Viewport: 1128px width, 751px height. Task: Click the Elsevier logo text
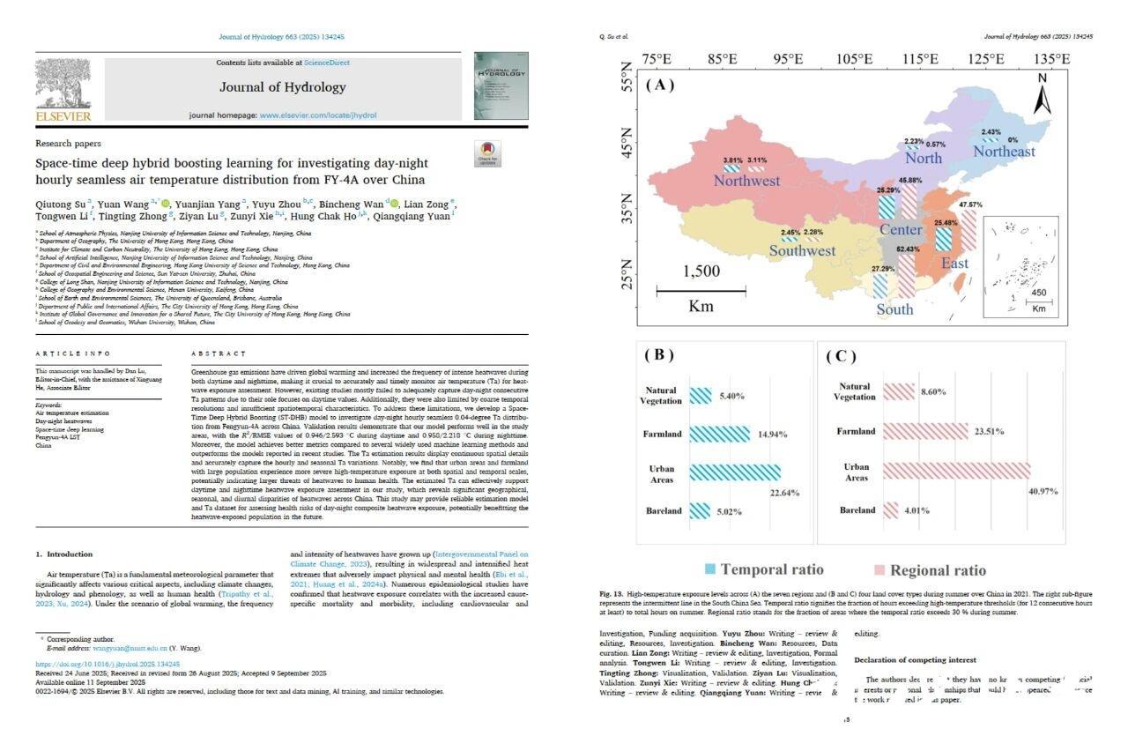[63, 115]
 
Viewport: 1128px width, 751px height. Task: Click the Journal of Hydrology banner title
[282, 87]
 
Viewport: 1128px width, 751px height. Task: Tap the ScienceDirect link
[326, 63]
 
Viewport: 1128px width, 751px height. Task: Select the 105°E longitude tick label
[853, 58]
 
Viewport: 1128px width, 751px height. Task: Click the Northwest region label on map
[746, 181]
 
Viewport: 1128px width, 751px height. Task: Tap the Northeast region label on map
[1004, 152]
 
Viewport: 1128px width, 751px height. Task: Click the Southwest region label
[802, 250]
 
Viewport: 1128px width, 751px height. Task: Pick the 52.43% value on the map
[908, 249]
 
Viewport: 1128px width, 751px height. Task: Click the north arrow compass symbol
[1042, 93]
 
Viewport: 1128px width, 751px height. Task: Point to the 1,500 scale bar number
[701, 271]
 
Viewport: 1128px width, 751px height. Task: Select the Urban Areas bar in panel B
[735, 472]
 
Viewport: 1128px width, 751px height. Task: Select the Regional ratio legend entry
[929, 569]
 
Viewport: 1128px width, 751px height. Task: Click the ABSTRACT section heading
[219, 353]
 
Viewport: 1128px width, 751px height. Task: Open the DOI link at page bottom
[108, 664]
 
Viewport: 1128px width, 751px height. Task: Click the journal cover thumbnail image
[501, 86]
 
